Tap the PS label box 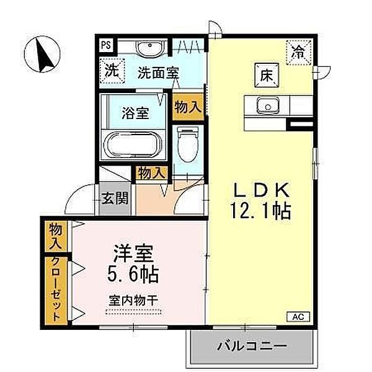(106, 45)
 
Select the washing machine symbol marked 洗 (111, 70)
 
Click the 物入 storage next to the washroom (188, 107)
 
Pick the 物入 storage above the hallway (151, 172)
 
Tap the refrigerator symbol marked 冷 (299, 50)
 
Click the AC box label (297, 317)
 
